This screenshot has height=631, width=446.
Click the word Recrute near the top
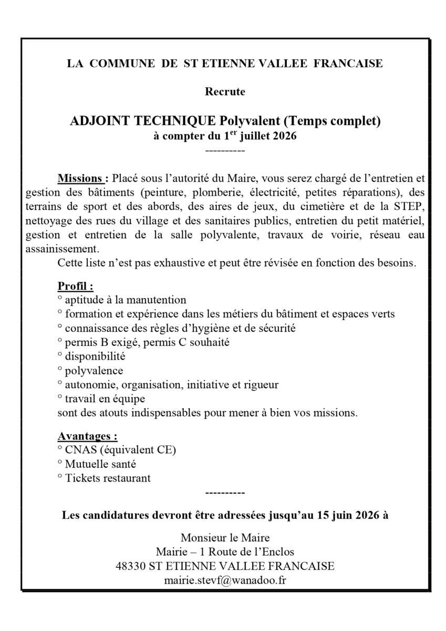pos(225,91)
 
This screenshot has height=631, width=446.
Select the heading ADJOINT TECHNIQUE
pos(143,121)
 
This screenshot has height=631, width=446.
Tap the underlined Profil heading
pos(75,287)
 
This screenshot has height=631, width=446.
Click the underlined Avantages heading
pos(87,436)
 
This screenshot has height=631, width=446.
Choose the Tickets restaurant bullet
pos(108,478)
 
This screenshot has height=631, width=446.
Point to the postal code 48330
pos(131,566)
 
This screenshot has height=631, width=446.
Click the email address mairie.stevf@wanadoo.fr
pos(225,581)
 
